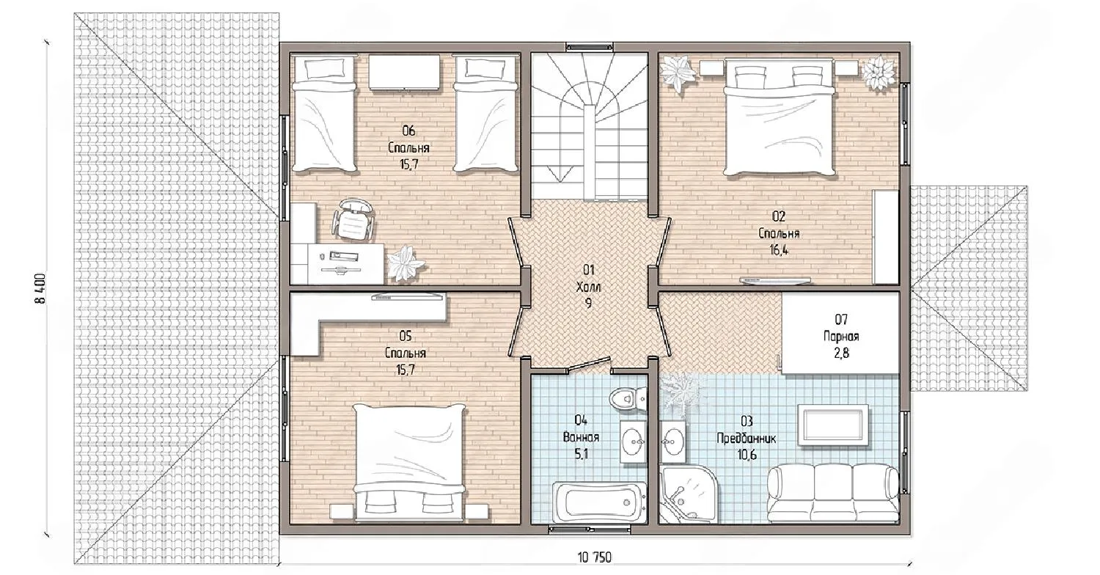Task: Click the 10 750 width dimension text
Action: pos(595,557)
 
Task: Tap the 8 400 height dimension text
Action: pos(40,288)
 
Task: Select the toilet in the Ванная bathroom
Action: pos(628,398)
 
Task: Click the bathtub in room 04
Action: pos(599,502)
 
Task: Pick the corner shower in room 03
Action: pos(689,494)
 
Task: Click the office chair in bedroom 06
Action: pos(353,219)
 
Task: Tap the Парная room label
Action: pos(840,337)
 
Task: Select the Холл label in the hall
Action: pos(588,287)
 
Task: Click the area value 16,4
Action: pos(779,250)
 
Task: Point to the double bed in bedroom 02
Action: pos(780,117)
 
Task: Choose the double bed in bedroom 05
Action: pos(409,462)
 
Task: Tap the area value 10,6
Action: pos(747,455)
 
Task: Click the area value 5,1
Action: pos(581,454)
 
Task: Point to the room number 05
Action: pos(405,337)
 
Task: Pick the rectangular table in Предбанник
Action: pos(833,425)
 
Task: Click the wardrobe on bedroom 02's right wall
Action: pos(885,237)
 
